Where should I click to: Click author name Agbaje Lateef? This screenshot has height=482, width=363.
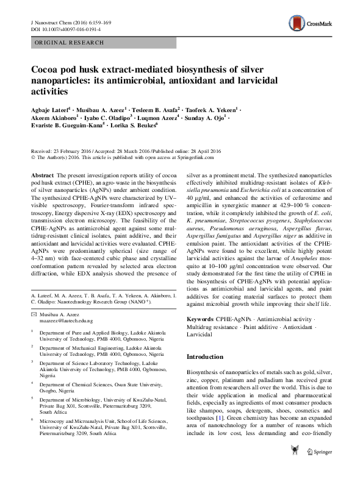[49, 110]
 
